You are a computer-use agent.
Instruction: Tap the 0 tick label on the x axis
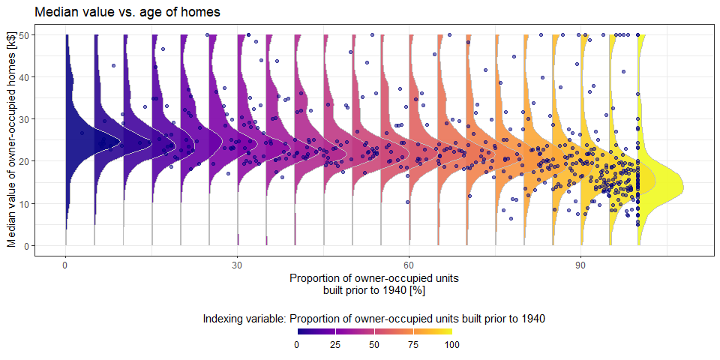tap(66, 265)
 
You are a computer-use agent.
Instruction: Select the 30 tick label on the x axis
tap(238, 265)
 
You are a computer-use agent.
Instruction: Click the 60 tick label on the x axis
tap(409, 265)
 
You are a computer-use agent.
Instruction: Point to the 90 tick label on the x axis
tap(581, 265)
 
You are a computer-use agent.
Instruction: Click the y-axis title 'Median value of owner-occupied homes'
tap(12, 141)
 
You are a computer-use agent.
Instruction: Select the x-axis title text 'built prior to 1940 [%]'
tap(373, 289)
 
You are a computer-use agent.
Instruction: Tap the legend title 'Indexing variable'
tap(373, 319)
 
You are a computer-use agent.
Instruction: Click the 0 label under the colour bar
tap(297, 344)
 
